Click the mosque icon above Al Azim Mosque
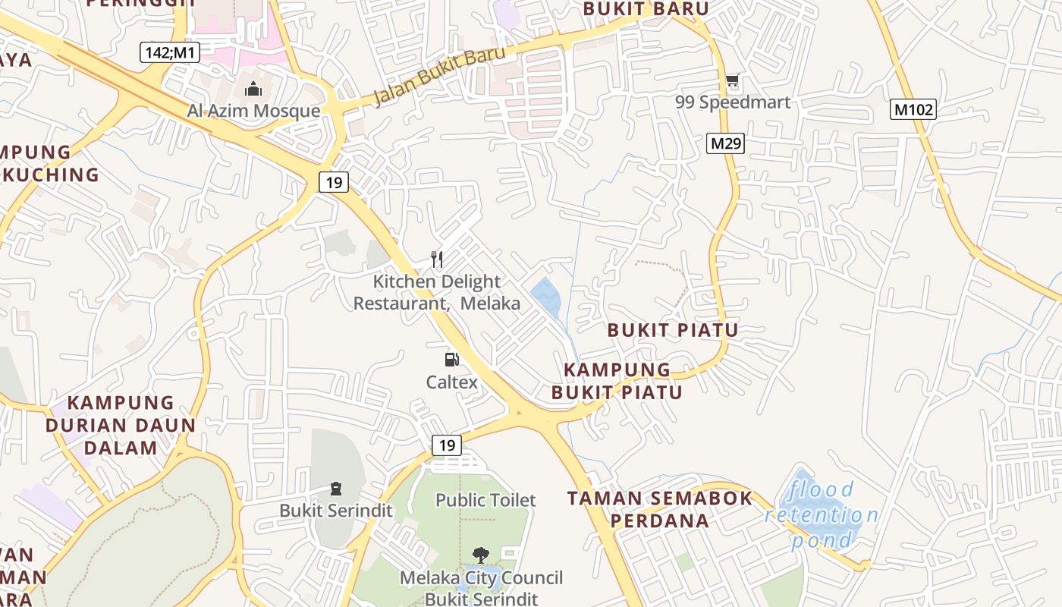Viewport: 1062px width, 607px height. pyautogui.click(x=253, y=90)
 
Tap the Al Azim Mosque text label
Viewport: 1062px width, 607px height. pyautogui.click(x=253, y=112)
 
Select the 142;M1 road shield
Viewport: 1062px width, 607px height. pyautogui.click(x=168, y=52)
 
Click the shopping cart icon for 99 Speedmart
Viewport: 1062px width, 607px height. pyautogui.click(x=732, y=80)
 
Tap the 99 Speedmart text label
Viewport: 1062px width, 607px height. pyautogui.click(x=732, y=102)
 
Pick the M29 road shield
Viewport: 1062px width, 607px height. pyautogui.click(x=725, y=143)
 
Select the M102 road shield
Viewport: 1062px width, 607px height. pyautogui.click(x=913, y=110)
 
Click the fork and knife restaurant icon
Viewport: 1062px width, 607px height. pyautogui.click(x=437, y=259)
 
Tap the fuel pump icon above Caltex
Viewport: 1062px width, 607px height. pyautogui.click(x=452, y=360)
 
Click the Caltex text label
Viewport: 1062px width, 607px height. pyautogui.click(x=452, y=382)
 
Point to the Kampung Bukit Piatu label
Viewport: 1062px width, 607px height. pyautogui.click(x=617, y=381)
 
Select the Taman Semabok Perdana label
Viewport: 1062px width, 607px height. pyautogui.click(x=660, y=509)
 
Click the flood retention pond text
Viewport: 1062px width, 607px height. pyautogui.click(x=822, y=515)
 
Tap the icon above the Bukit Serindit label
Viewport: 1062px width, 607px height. pyautogui.click(x=336, y=489)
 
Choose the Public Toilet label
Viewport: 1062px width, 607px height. pyautogui.click(x=485, y=500)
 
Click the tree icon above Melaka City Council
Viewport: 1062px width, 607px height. pyautogui.click(x=480, y=555)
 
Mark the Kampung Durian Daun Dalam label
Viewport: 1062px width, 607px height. pyautogui.click(x=121, y=425)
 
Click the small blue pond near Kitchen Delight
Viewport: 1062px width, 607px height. pyautogui.click(x=545, y=296)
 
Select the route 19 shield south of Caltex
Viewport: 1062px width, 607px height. pyautogui.click(x=447, y=445)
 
